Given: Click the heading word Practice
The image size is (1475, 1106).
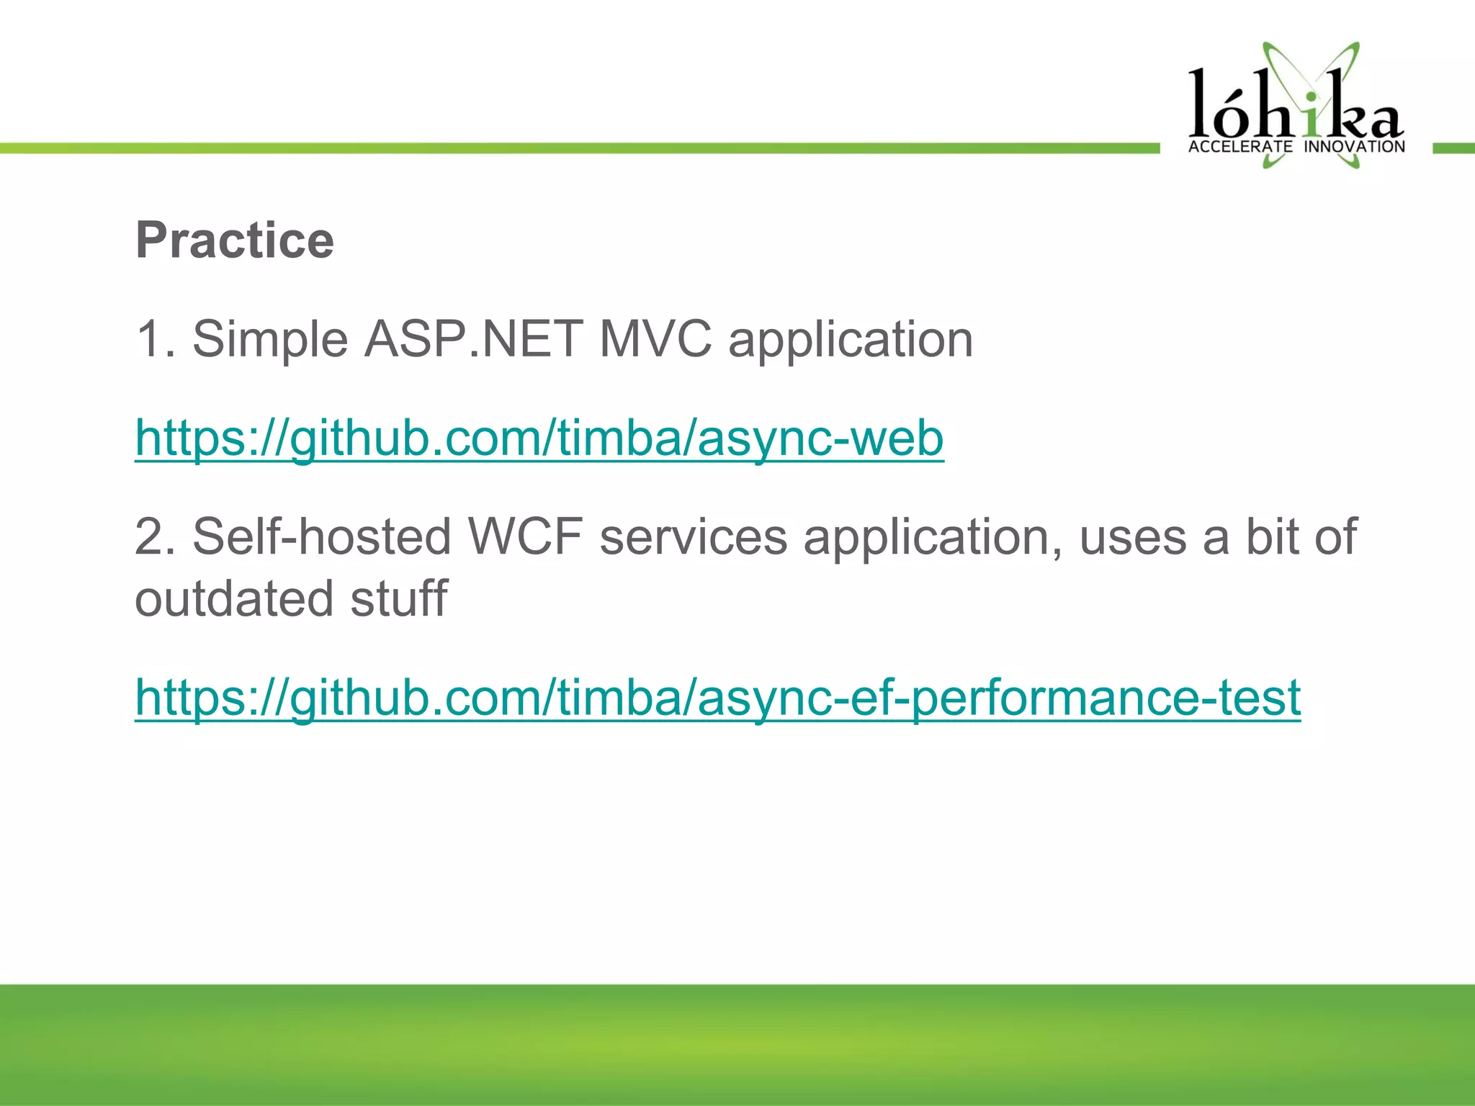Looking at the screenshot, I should click(235, 240).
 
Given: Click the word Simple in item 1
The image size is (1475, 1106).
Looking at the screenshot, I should click(270, 339).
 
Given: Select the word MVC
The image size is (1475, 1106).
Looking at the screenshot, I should click(655, 339).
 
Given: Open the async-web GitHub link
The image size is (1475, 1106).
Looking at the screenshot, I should click(539, 438).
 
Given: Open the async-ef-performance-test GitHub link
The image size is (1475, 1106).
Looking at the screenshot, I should click(717, 697).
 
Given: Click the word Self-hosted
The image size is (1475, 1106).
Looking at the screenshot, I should click(321, 537).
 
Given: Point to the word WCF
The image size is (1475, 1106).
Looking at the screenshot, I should click(525, 537).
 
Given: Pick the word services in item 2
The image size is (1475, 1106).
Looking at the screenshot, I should click(694, 537).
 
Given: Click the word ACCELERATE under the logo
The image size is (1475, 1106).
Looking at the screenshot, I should click(1240, 147).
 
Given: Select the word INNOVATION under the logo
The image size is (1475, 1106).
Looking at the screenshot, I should click(1354, 147).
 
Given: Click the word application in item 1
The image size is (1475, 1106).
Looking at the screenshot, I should click(851, 339).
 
